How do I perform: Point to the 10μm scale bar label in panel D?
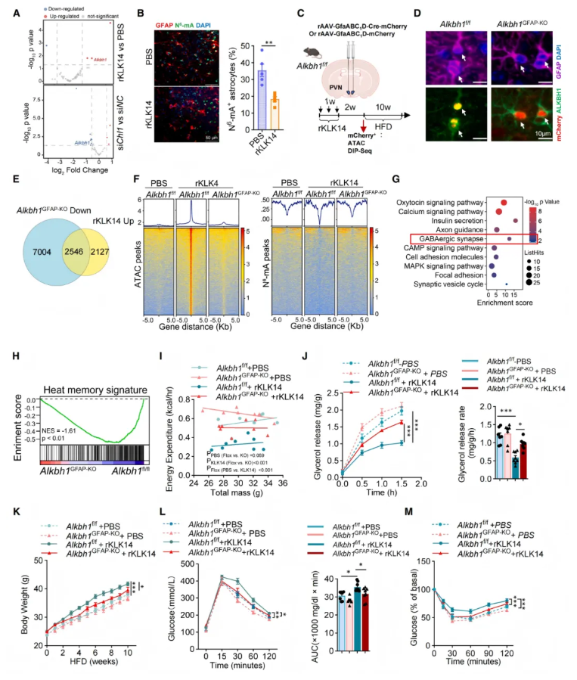[543, 132]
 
